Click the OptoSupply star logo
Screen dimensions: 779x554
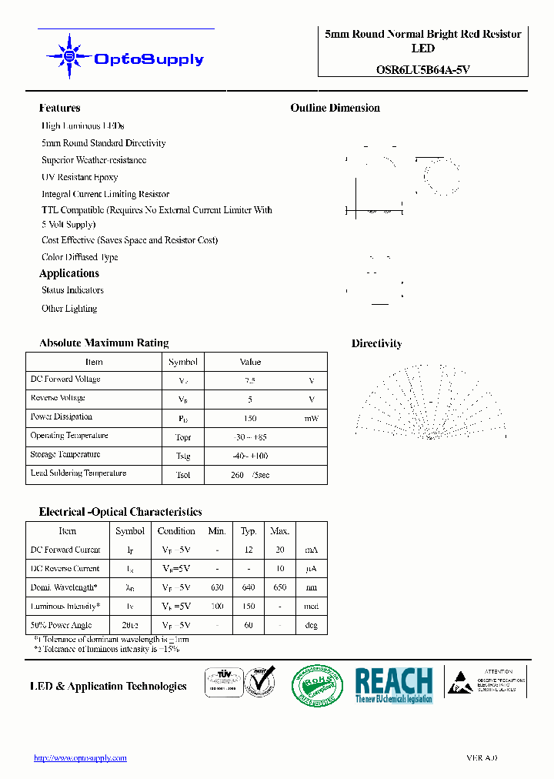click(69, 56)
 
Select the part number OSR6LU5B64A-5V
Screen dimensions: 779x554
click(422, 69)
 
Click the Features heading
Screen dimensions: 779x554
click(59, 109)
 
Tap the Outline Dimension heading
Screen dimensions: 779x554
click(335, 109)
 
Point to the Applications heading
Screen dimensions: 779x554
click(69, 273)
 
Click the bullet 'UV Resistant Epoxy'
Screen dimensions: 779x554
click(79, 177)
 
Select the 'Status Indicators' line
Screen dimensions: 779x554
click(72, 290)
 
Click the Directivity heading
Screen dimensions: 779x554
click(376, 344)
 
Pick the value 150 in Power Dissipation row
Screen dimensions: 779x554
click(249, 418)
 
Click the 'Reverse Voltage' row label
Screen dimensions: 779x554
click(58, 398)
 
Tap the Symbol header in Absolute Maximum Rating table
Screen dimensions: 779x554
click(182, 362)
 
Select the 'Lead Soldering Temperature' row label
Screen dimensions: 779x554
click(78, 473)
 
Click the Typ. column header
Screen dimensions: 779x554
click(249, 531)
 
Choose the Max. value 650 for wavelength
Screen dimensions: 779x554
click(279, 587)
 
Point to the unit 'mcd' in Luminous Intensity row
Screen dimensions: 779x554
click(311, 607)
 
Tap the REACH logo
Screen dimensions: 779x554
click(393, 684)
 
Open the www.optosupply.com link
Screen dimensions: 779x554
click(80, 758)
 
